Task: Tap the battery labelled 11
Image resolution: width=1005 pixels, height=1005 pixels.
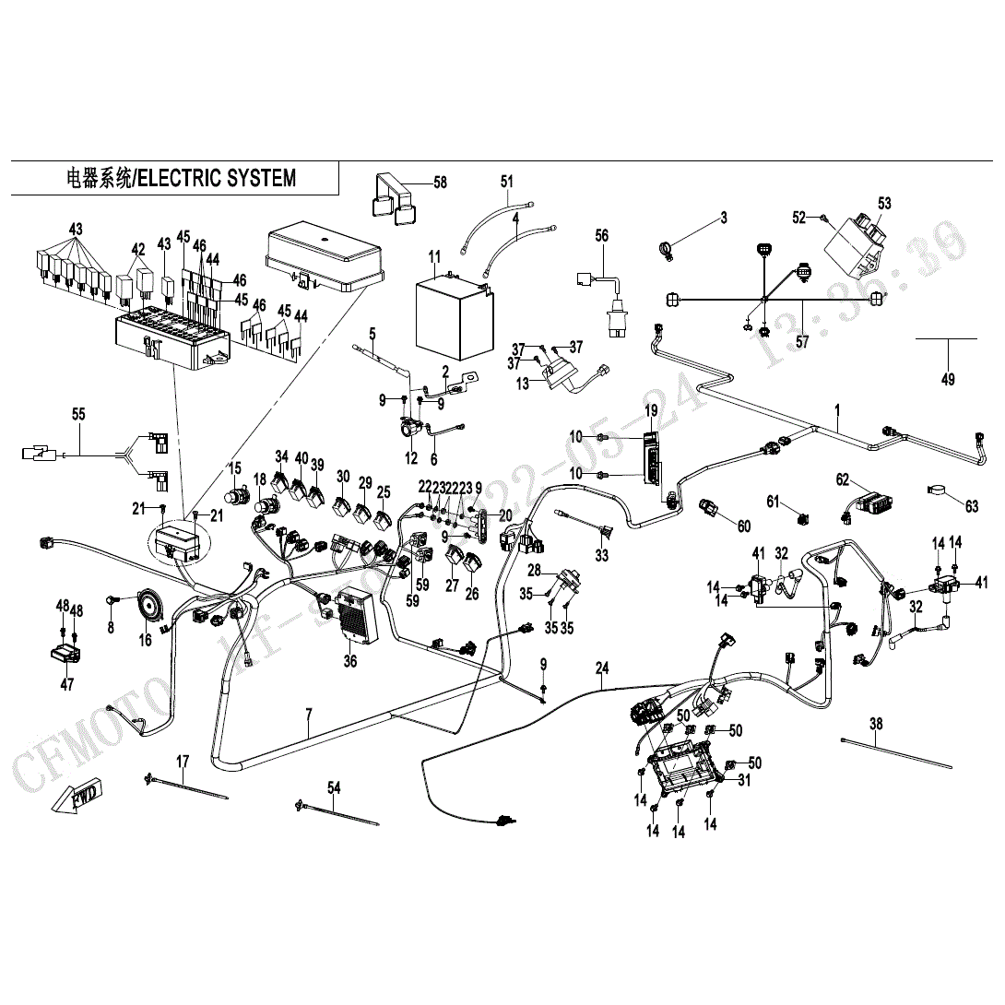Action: pyautogui.click(x=450, y=317)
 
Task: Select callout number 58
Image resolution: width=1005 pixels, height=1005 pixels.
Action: pyautogui.click(x=441, y=183)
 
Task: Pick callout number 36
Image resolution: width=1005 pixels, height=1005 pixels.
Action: pyautogui.click(x=350, y=660)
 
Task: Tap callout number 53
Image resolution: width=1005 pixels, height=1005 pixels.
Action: pyautogui.click(x=885, y=203)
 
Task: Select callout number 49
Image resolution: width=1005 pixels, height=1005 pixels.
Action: pyautogui.click(x=948, y=379)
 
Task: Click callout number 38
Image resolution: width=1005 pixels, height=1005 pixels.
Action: pyautogui.click(x=876, y=724)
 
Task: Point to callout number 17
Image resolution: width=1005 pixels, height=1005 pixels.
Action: pyautogui.click(x=183, y=762)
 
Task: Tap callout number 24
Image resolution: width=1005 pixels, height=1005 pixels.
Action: pyautogui.click(x=602, y=668)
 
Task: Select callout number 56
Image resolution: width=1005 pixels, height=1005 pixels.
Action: pyautogui.click(x=601, y=236)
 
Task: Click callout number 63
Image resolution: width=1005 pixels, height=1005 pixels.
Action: pyautogui.click(x=972, y=505)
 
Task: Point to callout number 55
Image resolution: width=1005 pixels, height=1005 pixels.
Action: pyautogui.click(x=79, y=415)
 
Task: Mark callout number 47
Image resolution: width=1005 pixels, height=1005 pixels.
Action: pyautogui.click(x=67, y=684)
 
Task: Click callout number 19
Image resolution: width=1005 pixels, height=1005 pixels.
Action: pyautogui.click(x=651, y=409)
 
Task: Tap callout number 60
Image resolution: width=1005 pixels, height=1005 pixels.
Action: pyautogui.click(x=743, y=526)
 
